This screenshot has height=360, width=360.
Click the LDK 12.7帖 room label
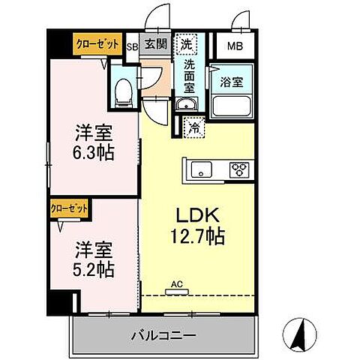pos(198,224)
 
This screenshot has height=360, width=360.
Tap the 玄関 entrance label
pos(155,44)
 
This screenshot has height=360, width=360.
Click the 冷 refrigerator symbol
pos(195,127)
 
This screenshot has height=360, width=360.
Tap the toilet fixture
pos(124,91)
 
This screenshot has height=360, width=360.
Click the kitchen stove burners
pos(238,169)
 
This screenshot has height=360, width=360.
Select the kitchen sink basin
pos(201,169)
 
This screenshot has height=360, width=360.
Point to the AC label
pos(177,283)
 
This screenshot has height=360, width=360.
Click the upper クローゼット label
pos(97,44)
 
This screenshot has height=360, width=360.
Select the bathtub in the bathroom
pos(230,105)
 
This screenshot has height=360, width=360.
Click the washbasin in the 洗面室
pos(185,104)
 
